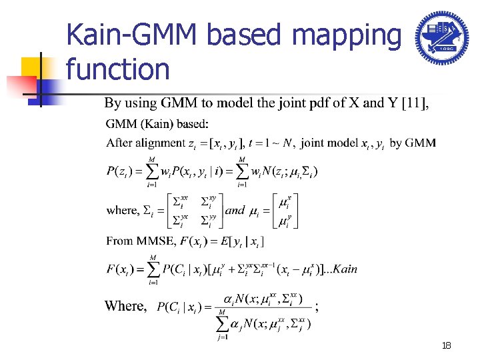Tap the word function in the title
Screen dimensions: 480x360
[118, 69]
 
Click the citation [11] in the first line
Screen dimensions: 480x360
[414, 103]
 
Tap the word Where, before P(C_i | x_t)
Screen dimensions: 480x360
[125, 306]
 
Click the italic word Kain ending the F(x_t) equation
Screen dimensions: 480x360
[345, 269]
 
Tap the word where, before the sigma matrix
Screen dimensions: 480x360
[122, 210]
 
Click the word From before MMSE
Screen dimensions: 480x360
[119, 240]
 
